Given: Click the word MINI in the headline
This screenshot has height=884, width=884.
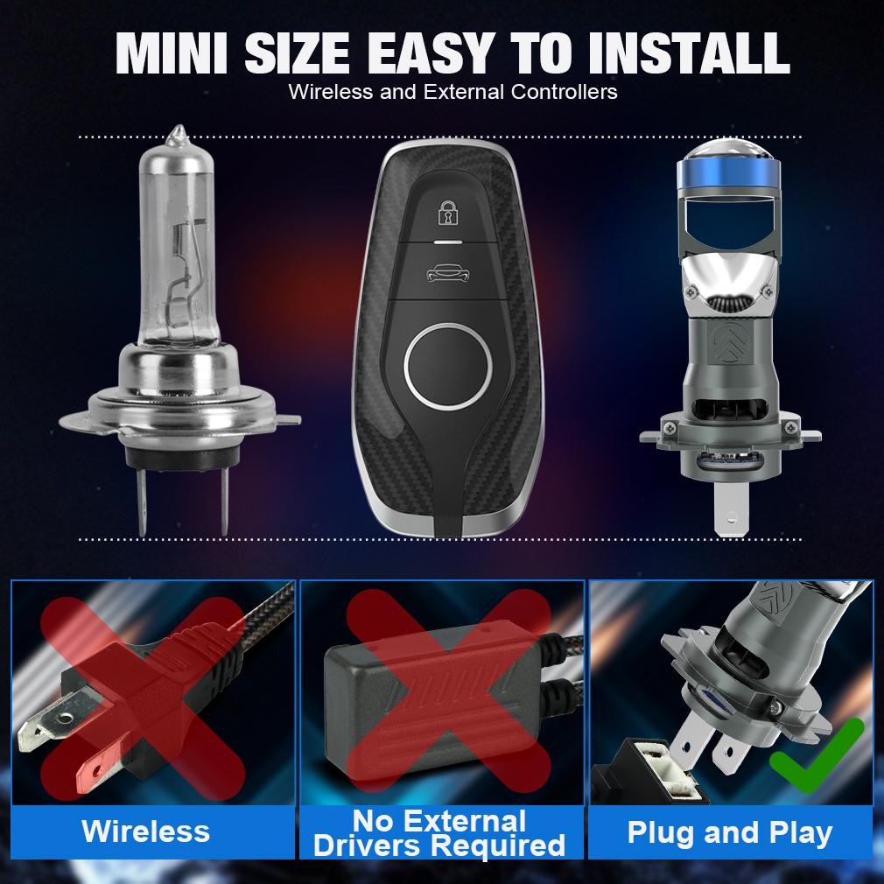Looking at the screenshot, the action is click(x=172, y=53).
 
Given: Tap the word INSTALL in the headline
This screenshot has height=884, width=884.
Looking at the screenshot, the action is click(x=688, y=53).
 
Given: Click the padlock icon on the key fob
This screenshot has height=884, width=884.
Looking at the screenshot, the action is click(x=448, y=213).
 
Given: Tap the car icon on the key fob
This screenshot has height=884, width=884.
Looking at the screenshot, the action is click(x=448, y=273).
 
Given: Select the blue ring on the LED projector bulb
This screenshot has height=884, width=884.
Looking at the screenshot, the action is click(x=728, y=173).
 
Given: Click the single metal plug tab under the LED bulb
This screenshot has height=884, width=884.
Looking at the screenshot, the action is click(x=731, y=509).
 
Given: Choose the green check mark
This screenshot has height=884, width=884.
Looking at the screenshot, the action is click(x=817, y=755).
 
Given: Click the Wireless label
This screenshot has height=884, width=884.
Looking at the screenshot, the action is click(x=145, y=831).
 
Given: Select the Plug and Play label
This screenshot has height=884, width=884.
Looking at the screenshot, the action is click(x=730, y=832).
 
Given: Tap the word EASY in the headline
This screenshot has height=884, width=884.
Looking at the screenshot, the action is click(x=431, y=53).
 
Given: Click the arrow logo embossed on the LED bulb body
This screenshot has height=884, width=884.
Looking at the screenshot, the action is click(x=728, y=341).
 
